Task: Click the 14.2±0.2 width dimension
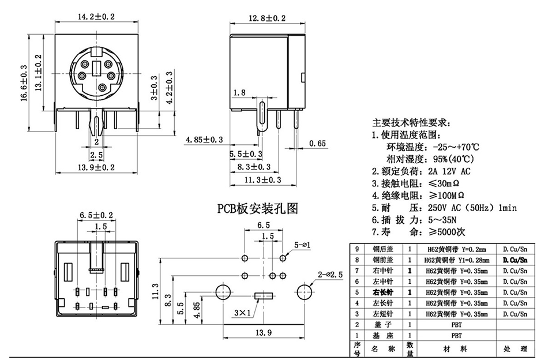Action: click(x=96, y=17)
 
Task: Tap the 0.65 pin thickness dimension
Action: click(x=318, y=143)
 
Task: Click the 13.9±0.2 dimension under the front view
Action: click(x=96, y=167)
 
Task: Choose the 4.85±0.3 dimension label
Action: click(x=204, y=140)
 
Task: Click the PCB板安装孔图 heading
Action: click(x=258, y=208)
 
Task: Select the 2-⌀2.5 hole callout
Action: click(x=329, y=275)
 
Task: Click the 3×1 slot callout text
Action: click(x=243, y=314)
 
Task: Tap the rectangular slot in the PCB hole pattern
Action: click(x=263, y=297)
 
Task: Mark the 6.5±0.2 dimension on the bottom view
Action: click(x=96, y=215)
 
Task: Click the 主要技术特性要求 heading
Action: click(x=409, y=123)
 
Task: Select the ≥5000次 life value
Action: click(x=449, y=232)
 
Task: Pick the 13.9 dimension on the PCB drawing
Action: click(x=264, y=333)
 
